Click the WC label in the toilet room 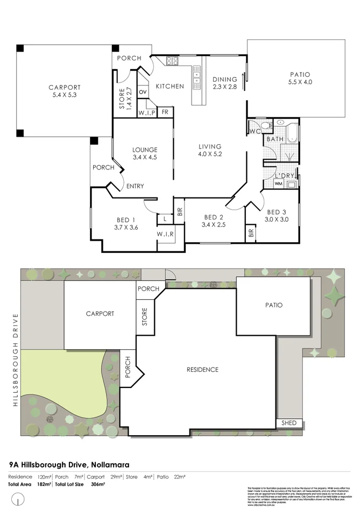254,131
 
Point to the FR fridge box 165,112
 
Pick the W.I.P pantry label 147,113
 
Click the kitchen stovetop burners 172,61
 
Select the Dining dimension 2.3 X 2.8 224,87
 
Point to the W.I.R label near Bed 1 165,234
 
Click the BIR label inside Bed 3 251,233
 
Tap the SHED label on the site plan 289,423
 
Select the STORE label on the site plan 144,316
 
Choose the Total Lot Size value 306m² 97,484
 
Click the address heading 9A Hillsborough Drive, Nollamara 69,463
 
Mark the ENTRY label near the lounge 135,186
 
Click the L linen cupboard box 165,218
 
